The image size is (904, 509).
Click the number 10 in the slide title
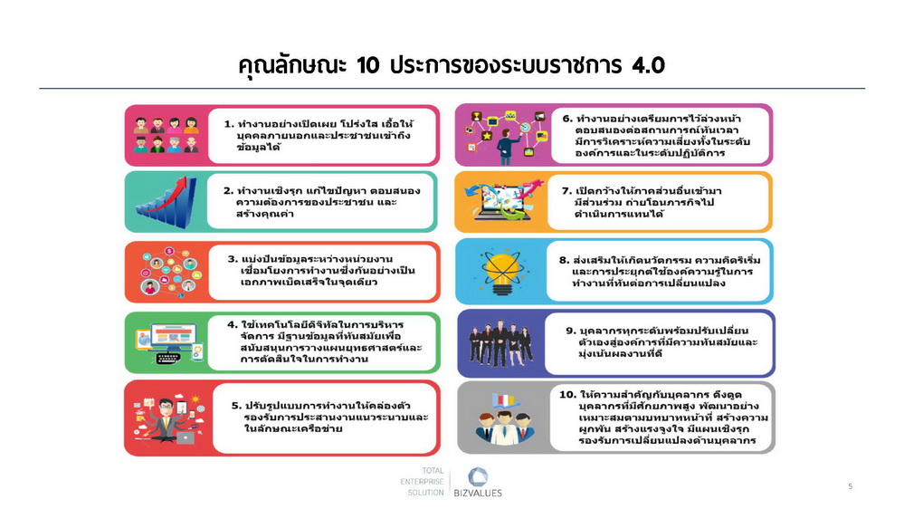coord(367,65)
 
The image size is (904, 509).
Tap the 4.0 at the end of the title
coord(648,65)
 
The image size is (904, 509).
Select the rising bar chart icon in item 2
coord(166,202)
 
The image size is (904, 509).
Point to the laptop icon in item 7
coord(500,202)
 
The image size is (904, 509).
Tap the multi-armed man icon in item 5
coord(167,418)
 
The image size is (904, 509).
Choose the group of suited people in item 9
coord(500,344)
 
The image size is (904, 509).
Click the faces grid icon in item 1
coord(166,135)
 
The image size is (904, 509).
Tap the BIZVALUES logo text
coord(478,493)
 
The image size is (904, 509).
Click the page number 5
coord(850,486)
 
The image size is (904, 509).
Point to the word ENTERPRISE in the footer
coord(422,481)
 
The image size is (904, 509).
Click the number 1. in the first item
coord(229,123)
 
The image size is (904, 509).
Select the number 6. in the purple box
coord(567,119)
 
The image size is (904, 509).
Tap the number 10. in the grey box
coord(568,394)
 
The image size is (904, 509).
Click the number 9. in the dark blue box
coord(571,331)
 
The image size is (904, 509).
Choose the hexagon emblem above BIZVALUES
coord(478,476)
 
